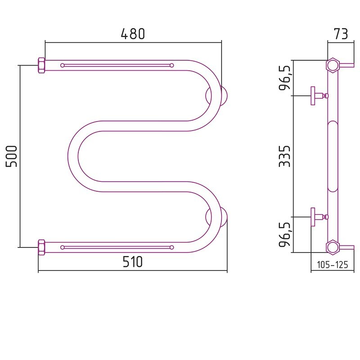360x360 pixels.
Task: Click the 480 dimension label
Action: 133,34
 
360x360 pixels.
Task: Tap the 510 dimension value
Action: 133,262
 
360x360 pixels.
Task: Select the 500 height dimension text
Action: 12,156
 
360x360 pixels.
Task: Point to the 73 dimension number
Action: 341,34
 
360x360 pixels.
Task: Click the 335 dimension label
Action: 285,156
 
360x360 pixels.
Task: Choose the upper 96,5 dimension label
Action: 285,78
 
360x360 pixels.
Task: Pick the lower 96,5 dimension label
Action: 285,234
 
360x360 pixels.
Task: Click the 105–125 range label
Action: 333,265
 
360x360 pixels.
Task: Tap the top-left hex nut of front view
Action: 41,65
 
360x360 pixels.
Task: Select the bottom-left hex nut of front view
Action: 41,247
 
